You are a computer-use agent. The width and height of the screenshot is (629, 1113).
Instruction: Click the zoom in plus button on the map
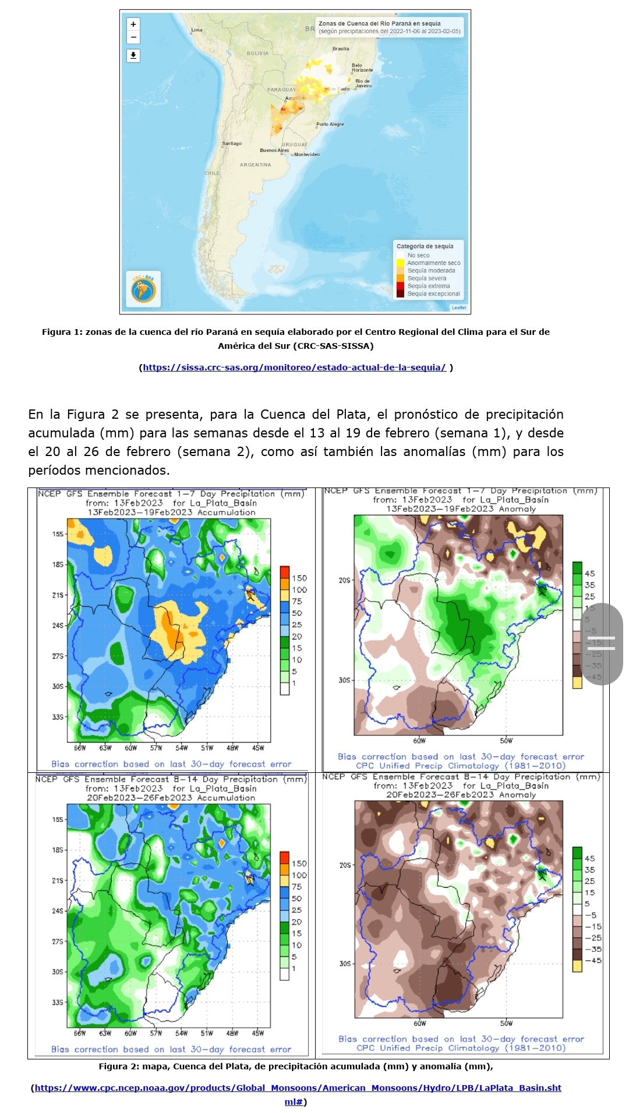[x=133, y=24]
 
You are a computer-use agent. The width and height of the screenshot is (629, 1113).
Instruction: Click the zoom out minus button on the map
[x=133, y=37]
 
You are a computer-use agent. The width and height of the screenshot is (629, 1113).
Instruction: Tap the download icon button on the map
[x=133, y=55]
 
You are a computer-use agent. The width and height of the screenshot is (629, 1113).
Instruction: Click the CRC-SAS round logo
[x=143, y=288]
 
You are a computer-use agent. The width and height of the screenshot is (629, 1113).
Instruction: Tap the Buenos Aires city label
[x=274, y=150]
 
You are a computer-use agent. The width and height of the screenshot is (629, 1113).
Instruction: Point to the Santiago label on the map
[x=232, y=143]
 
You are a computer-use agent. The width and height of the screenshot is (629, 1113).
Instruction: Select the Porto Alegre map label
[x=330, y=124]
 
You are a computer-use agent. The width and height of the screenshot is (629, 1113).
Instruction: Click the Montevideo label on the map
[x=306, y=154]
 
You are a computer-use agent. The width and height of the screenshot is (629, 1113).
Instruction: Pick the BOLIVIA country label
[x=257, y=53]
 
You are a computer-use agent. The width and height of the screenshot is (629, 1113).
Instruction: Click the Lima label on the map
[x=197, y=30]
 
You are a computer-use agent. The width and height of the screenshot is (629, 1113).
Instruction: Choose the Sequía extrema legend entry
[x=428, y=286]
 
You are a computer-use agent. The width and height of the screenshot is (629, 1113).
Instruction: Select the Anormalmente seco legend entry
[x=433, y=263]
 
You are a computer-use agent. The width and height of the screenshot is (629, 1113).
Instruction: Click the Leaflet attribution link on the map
[x=458, y=308]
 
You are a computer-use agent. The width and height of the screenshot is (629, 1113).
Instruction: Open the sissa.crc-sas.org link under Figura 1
[x=294, y=368]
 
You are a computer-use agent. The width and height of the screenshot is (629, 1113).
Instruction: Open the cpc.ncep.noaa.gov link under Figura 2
[x=297, y=1088]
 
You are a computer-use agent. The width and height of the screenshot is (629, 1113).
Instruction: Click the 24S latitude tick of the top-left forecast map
[x=58, y=626]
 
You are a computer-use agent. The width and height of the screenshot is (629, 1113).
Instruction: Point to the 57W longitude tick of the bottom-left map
[x=156, y=1033]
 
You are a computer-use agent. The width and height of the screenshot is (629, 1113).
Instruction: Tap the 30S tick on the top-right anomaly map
[x=345, y=680]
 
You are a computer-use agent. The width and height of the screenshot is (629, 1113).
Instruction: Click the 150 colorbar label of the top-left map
[x=299, y=578]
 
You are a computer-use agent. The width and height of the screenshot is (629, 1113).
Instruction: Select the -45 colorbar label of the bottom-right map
[x=593, y=960]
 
